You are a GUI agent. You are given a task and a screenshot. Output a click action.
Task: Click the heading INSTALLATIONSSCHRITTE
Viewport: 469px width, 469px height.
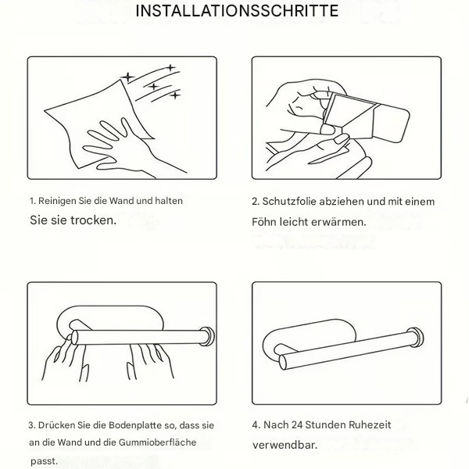click(237, 12)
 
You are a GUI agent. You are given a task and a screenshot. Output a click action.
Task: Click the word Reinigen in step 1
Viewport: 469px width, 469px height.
click(59, 201)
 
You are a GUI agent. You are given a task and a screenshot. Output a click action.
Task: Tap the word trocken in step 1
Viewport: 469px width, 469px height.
click(90, 220)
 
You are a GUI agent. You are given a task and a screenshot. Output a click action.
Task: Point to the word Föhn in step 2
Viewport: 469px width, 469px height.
click(265, 222)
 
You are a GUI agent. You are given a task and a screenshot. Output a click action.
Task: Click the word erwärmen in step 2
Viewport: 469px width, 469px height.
click(337, 222)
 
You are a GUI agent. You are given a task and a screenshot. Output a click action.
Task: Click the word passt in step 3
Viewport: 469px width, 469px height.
click(44, 461)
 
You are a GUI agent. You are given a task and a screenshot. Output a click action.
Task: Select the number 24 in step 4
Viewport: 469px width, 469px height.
click(299, 425)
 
